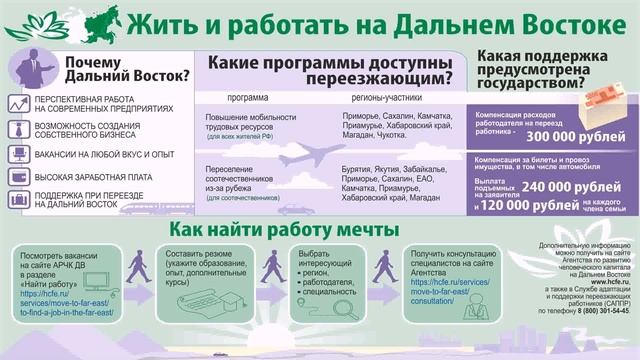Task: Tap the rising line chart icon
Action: [x=19, y=104]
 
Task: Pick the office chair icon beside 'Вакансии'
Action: [x=19, y=153]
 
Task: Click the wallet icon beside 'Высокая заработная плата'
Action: [x=19, y=176]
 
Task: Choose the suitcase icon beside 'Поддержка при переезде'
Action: [x=19, y=199]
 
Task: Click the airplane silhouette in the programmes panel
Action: [x=312, y=156]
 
